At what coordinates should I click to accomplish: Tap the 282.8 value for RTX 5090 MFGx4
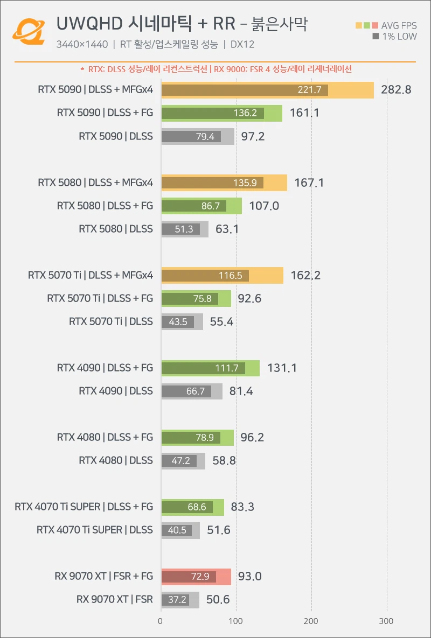[x=396, y=90]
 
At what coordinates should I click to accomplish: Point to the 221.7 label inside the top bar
[x=309, y=90]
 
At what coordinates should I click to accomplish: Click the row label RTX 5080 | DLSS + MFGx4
[x=95, y=183]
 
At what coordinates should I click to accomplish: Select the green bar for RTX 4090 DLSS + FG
[x=210, y=368]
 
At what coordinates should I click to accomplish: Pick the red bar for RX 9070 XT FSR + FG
[x=196, y=577]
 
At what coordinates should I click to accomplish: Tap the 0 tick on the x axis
[x=161, y=621]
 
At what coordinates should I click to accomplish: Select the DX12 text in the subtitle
[x=242, y=45]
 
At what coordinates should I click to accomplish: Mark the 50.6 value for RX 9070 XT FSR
[x=218, y=600]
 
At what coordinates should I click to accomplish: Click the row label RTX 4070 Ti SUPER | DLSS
[x=94, y=530]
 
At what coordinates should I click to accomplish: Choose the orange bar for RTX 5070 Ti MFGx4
[x=222, y=276]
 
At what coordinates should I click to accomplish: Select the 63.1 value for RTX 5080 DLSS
[x=227, y=229]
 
